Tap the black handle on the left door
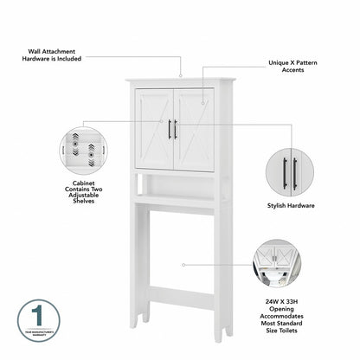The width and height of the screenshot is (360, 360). [169, 129]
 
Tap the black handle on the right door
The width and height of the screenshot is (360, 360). [176, 129]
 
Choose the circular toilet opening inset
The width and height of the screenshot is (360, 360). [277, 265]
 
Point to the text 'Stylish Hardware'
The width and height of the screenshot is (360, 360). [290, 206]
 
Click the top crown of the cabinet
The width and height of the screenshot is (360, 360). [179, 81]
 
